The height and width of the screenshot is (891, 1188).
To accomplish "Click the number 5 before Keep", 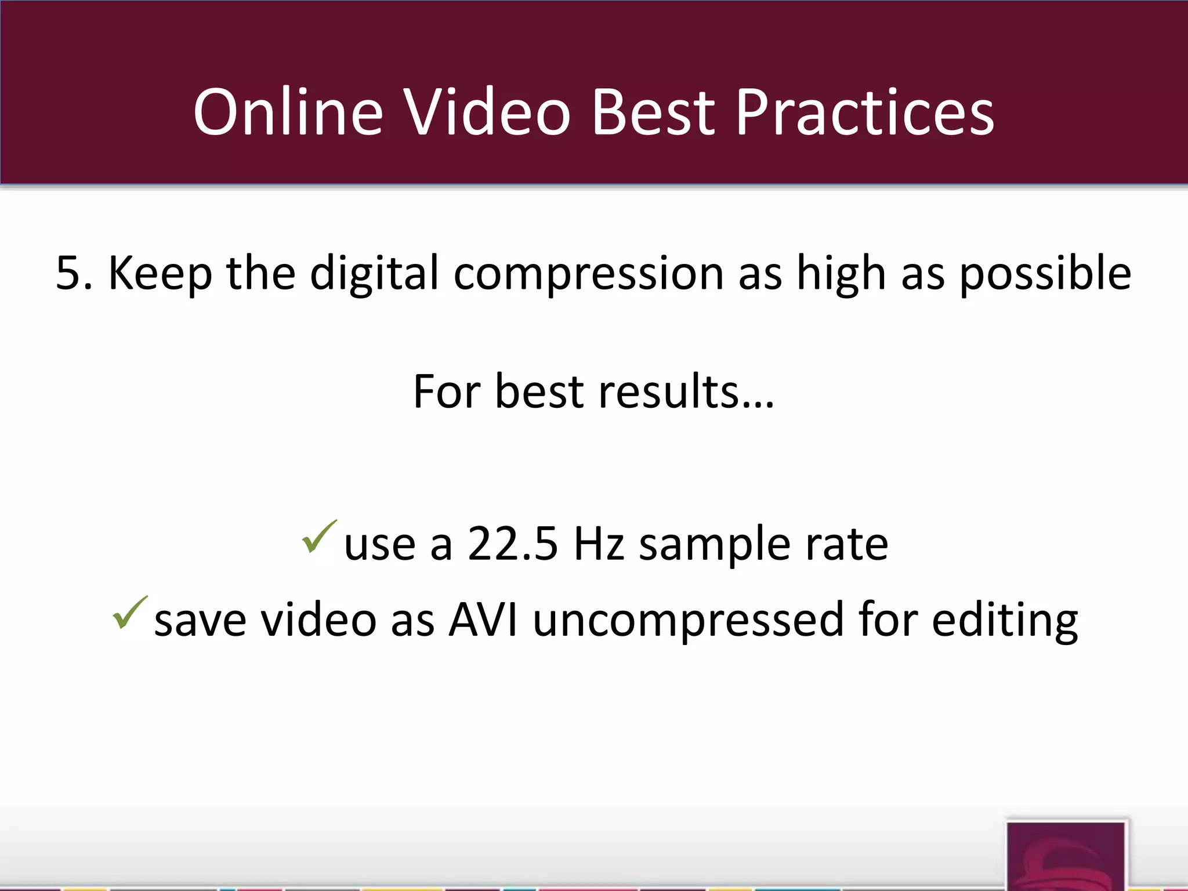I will click(68, 273).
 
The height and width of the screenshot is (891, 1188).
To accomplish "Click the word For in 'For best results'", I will click(447, 392).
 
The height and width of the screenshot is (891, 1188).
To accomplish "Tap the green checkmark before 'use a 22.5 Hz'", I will click(318, 536).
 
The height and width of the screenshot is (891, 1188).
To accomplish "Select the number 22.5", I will click(513, 544).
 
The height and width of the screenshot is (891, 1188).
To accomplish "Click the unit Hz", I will click(599, 544).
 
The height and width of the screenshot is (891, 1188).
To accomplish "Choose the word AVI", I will click(483, 620).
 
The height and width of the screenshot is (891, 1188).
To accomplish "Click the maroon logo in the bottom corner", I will click(1066, 856).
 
